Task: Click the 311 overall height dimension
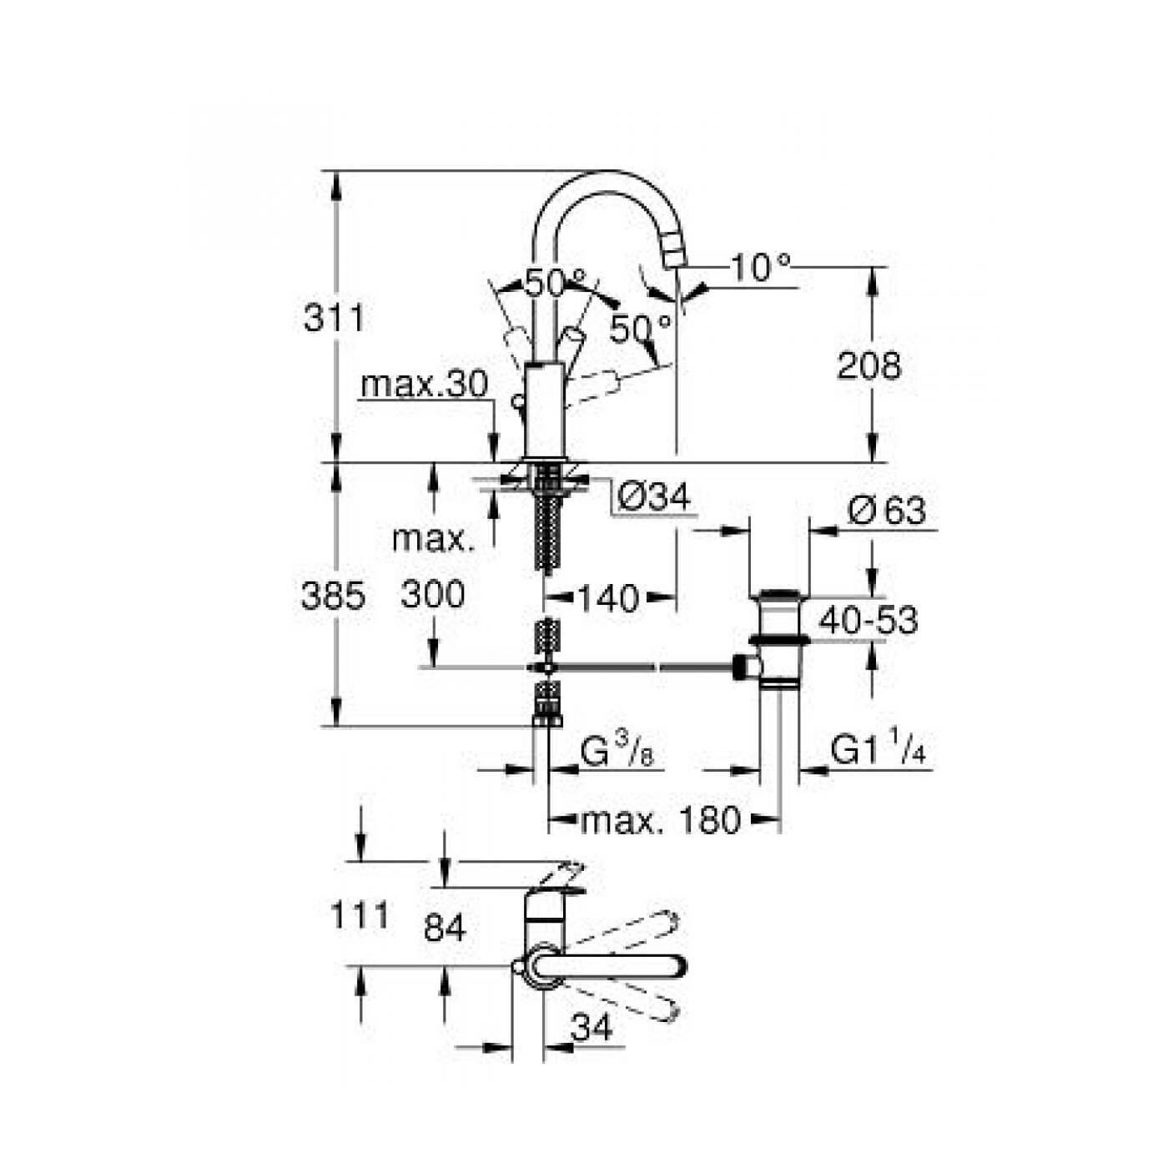pos(334,319)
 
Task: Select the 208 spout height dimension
pos(868,366)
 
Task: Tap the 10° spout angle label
pos(759,267)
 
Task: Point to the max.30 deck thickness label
pos(423,385)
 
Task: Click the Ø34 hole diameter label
pos(654,498)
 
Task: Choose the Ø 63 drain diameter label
pos(886,511)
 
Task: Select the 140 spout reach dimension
pos(608,598)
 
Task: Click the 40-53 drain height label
pos(868,621)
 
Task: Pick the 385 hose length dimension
pos(333,597)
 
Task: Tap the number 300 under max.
pos(432,595)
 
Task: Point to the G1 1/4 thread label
pos(879,751)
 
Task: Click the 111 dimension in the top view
pos(360,916)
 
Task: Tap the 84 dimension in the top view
pos(444,928)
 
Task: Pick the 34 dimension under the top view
pos(592,1028)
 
